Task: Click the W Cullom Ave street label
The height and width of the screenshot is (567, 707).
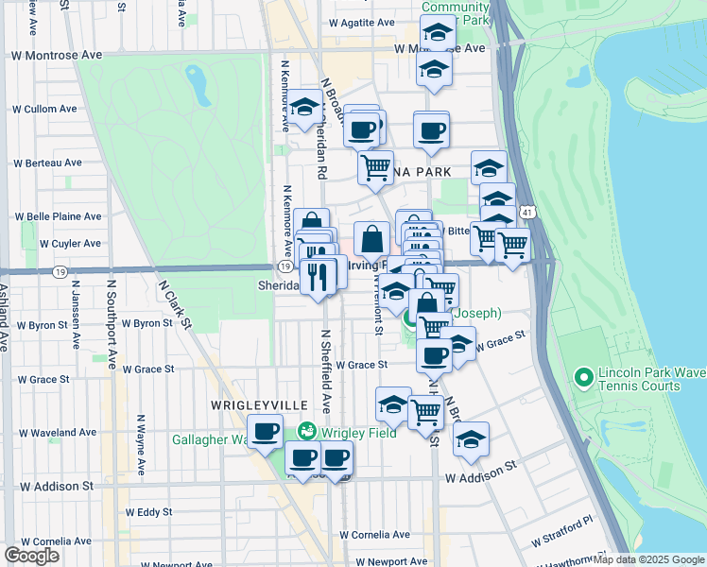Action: click(44, 109)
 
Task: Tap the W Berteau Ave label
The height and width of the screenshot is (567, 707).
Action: click(47, 163)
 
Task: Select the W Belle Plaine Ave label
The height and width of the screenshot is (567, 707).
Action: click(64, 216)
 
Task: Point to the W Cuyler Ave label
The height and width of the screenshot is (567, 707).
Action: click(70, 244)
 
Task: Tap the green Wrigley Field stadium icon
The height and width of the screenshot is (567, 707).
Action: click(308, 432)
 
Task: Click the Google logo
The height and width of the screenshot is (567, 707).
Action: click(33, 555)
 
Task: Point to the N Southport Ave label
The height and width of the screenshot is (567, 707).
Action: click(112, 324)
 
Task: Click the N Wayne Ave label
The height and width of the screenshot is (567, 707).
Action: click(140, 444)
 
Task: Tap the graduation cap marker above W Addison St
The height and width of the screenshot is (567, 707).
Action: click(471, 438)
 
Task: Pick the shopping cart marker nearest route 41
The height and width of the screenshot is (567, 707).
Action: click(512, 245)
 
